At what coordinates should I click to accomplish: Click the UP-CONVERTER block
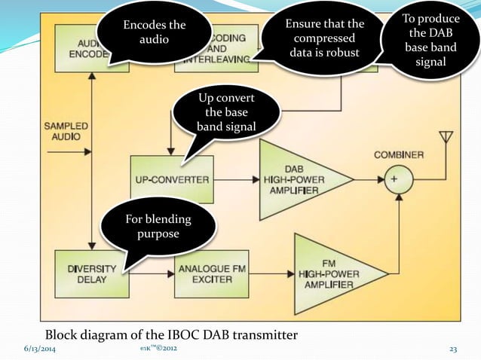coord(172,179)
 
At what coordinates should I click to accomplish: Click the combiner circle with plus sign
coord(393,179)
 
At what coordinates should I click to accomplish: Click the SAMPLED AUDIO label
coord(66,131)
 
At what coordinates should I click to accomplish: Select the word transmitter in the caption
coord(262,334)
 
